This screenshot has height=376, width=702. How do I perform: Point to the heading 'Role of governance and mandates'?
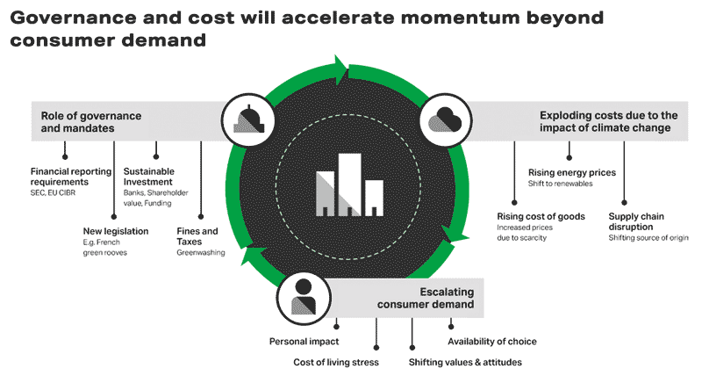click(x=80, y=121)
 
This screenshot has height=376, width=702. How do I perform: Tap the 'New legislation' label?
click(x=115, y=231)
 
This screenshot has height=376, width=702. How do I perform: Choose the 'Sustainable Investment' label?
click(x=149, y=177)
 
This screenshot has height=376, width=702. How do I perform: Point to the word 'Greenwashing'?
click(x=201, y=253)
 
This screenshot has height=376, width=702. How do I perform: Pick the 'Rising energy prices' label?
click(x=571, y=172)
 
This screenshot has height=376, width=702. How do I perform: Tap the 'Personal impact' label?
click(x=303, y=341)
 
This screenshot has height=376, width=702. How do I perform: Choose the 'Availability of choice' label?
click(x=491, y=341)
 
